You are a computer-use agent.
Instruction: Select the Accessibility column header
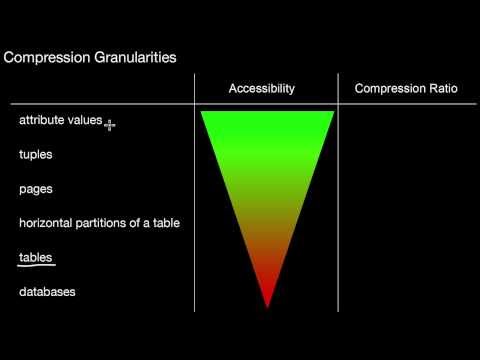pyautogui.click(x=262, y=89)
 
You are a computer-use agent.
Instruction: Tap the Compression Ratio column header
pyautogui.click(x=406, y=89)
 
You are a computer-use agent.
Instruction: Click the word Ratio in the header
pyautogui.click(x=440, y=89)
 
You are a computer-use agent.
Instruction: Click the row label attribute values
pyautogui.click(x=60, y=121)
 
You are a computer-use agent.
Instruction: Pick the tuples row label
pyautogui.click(x=36, y=155)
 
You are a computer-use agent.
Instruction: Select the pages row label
pyautogui.click(x=36, y=189)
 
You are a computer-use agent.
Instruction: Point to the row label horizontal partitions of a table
pyautogui.click(x=99, y=223)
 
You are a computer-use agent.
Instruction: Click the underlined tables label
pyautogui.click(x=36, y=257)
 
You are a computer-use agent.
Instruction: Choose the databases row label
pyautogui.click(x=47, y=291)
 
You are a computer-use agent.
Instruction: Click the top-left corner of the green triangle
pyautogui.click(x=203, y=112)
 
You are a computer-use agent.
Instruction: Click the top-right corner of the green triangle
pyautogui.click(x=332, y=112)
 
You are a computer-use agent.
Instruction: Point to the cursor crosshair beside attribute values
pyautogui.click(x=110, y=125)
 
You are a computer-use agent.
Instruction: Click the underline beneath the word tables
pyautogui.click(x=36, y=265)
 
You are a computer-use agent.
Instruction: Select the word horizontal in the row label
pyautogui.click(x=46, y=223)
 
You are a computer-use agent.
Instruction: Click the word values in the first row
pyautogui.click(x=85, y=121)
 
